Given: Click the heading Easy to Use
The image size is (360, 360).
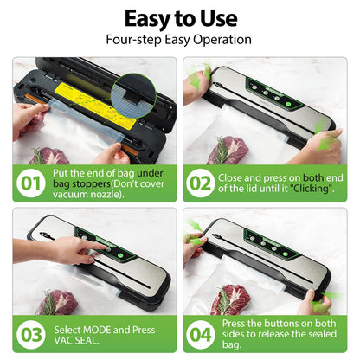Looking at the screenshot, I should (x=179, y=18).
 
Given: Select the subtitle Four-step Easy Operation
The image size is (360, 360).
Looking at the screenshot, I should (x=179, y=39).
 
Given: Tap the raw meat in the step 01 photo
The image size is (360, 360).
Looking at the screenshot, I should (x=48, y=156).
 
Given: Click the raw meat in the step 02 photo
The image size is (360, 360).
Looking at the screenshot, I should (x=228, y=149).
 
